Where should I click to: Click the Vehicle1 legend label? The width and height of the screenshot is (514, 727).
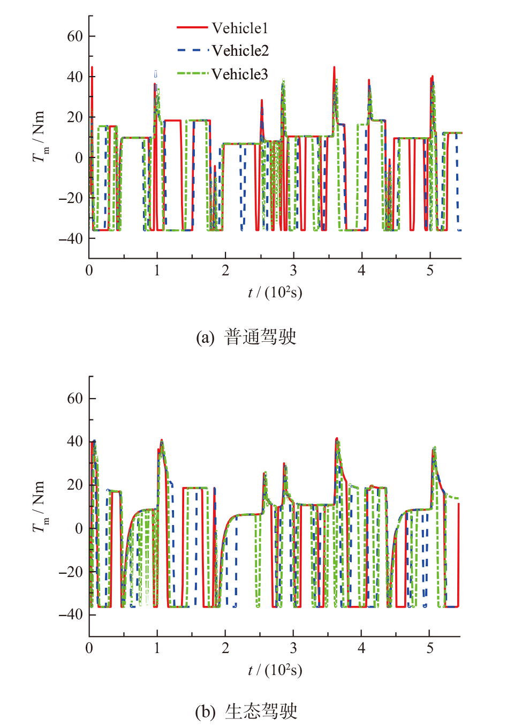[x=239, y=28]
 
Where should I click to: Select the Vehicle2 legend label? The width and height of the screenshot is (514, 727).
[x=240, y=51]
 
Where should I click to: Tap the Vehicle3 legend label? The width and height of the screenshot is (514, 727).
[x=239, y=74]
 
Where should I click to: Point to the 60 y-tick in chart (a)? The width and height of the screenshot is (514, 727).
[x=75, y=36]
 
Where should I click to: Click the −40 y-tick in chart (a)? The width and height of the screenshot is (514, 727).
[x=71, y=238]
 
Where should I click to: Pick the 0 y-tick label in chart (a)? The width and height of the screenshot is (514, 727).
[x=79, y=158]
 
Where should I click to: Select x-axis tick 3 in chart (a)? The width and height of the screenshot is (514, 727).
[x=293, y=271]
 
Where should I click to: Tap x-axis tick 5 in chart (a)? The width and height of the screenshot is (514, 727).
[x=430, y=271]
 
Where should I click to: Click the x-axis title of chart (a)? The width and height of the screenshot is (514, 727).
[x=275, y=293]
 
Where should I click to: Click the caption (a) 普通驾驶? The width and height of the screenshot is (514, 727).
[x=246, y=337]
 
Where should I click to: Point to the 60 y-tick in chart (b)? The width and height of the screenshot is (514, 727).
[x=75, y=399]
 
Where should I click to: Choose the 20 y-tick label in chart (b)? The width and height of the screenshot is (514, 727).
[x=75, y=485]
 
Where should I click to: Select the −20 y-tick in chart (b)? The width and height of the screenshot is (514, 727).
[x=71, y=572]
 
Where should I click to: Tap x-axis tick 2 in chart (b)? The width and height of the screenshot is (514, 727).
[x=225, y=648]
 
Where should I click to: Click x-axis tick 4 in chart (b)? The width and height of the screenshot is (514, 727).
[x=361, y=648]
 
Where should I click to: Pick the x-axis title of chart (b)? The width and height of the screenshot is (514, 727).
[x=275, y=670]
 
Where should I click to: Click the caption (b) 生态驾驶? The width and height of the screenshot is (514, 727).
[x=246, y=711]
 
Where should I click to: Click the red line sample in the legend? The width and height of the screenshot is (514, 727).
[x=192, y=27]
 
